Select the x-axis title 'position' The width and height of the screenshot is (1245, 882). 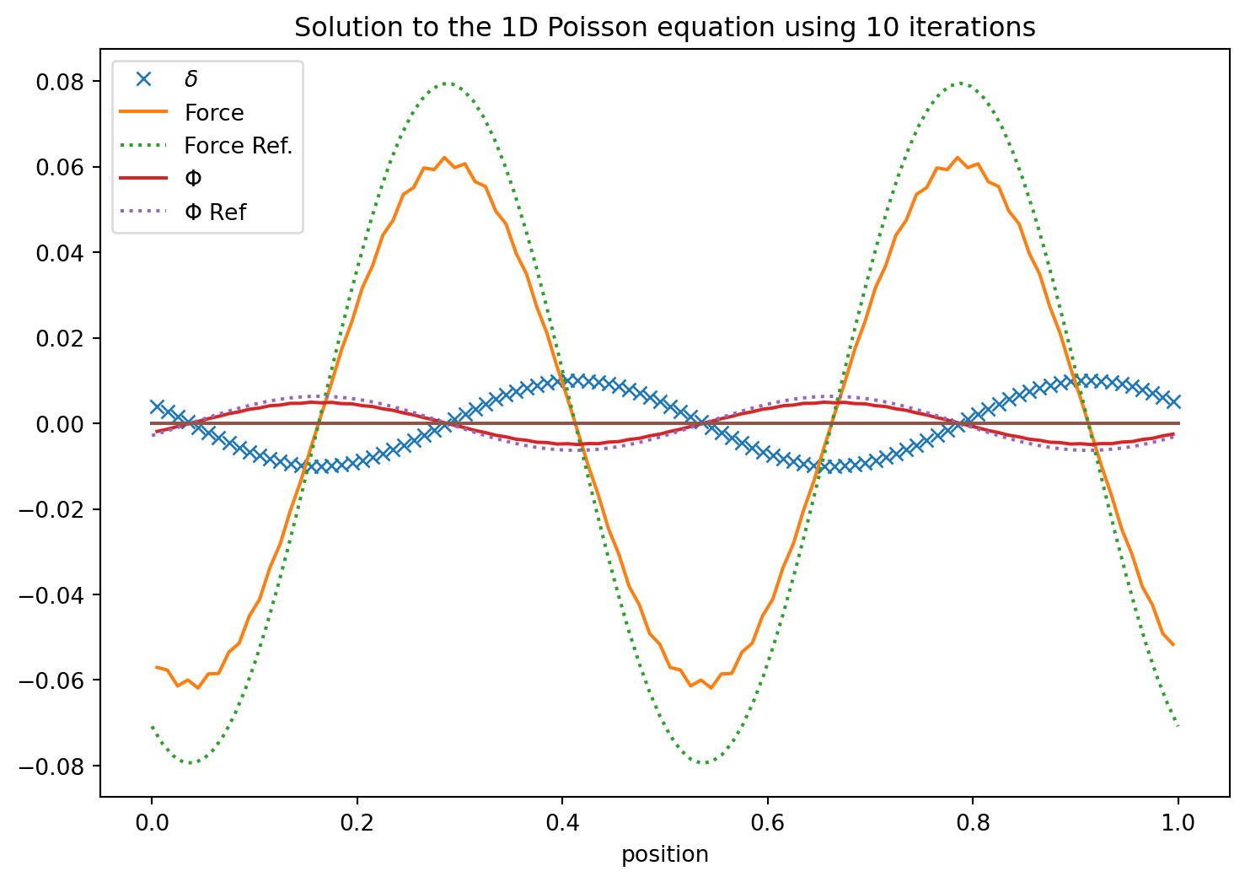[x=665, y=854]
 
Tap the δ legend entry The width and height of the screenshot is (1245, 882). [x=191, y=79]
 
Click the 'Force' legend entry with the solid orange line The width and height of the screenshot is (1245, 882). [x=214, y=113]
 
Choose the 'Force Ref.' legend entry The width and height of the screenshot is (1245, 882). [x=239, y=146]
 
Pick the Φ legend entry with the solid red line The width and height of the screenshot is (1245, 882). [x=193, y=179]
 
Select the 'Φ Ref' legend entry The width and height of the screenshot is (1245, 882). [x=215, y=212]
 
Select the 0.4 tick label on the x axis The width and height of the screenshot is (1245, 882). [x=562, y=822]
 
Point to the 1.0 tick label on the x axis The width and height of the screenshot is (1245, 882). [x=1178, y=822]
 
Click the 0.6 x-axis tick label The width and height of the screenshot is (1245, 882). [x=767, y=822]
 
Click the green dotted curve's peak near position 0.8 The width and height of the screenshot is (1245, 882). [x=959, y=83]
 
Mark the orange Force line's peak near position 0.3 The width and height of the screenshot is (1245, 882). [x=444, y=158]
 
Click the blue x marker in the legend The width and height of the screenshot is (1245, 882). [x=144, y=79]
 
